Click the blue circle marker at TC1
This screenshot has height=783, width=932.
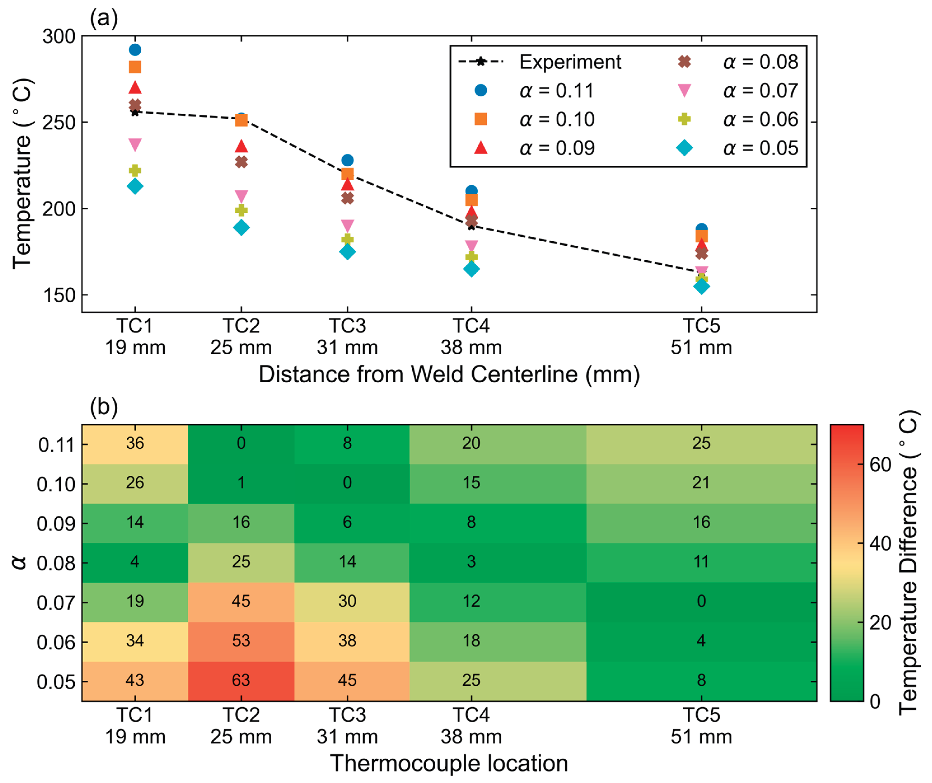[x=135, y=50]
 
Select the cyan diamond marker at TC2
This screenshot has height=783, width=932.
[x=241, y=228]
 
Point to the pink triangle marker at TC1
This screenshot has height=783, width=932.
[x=135, y=145]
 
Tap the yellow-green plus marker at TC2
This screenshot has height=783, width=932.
[x=241, y=210]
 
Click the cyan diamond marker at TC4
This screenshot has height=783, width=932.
[x=471, y=269]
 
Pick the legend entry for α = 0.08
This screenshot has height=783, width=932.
[x=739, y=62]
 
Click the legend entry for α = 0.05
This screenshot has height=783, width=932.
[x=739, y=148]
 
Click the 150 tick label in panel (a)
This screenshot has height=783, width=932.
[x=59, y=295]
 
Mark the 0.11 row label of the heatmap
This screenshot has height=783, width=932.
[x=56, y=445]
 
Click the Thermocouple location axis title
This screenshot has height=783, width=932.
[x=449, y=763]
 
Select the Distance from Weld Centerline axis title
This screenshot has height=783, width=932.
[x=449, y=374]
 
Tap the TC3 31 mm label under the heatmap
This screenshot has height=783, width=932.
[x=347, y=726]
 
